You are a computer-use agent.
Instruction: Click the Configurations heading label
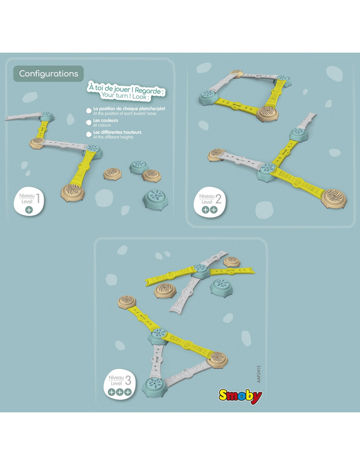click(49, 74)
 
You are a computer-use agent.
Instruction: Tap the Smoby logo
click(240, 397)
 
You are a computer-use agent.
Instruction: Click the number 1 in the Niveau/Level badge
click(38, 198)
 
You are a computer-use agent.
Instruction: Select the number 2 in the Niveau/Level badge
click(218, 199)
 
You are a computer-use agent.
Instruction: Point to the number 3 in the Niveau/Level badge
click(128, 381)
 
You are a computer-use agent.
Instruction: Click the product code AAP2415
click(259, 374)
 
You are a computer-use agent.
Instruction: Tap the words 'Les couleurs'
click(106, 120)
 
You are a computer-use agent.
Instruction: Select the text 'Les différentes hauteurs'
click(117, 132)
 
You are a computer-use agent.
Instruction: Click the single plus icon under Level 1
click(29, 210)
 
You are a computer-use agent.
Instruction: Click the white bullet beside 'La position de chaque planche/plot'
click(89, 111)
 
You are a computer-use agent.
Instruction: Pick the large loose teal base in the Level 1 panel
click(155, 199)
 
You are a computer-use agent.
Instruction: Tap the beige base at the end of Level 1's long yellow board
click(73, 192)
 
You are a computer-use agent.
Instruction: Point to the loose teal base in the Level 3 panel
click(221, 288)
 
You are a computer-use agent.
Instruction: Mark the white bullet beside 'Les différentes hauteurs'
click(89, 134)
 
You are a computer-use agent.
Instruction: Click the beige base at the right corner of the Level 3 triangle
click(217, 360)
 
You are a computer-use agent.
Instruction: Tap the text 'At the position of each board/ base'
click(125, 113)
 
